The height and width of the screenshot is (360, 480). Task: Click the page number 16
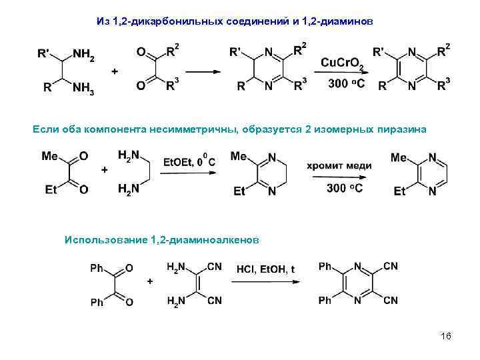pos(446,336)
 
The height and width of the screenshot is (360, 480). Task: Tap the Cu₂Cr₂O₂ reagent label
pos(342,63)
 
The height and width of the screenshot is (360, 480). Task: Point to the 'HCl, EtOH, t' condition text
pos(265,269)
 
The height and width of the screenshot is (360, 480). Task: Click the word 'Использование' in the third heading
pos(107,239)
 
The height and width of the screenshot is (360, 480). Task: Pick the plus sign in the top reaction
pos(115,71)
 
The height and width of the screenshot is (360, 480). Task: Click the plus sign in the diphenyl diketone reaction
pos(150,282)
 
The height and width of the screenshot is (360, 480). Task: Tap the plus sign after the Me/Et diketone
pos(104,170)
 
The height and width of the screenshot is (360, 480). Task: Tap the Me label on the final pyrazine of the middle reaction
pos(399,157)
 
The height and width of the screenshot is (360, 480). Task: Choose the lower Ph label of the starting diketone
pos(97,303)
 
